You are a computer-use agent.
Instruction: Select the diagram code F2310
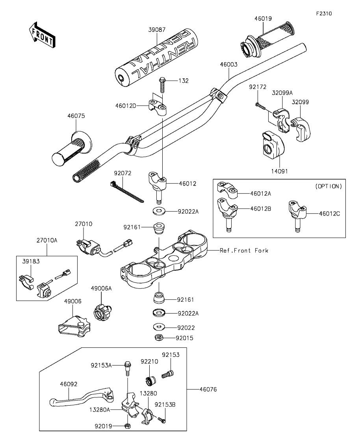tap(324, 13)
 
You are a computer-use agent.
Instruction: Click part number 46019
tap(263, 18)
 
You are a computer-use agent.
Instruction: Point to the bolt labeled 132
tap(162, 85)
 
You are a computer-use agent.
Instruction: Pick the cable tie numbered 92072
tap(127, 191)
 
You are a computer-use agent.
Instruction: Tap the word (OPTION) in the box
tap(328, 186)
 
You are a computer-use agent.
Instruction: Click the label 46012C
tap(329, 214)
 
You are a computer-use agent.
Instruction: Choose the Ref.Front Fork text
tap(244, 251)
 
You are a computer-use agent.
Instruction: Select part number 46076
tap(208, 390)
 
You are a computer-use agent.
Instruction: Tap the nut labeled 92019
tap(127, 425)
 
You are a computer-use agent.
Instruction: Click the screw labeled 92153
tap(167, 375)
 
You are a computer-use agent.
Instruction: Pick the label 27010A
tap(47, 240)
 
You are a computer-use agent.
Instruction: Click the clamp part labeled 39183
tap(26, 281)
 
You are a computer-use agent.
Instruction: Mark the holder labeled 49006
tap(74, 328)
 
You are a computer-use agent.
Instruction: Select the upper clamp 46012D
tap(158, 106)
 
